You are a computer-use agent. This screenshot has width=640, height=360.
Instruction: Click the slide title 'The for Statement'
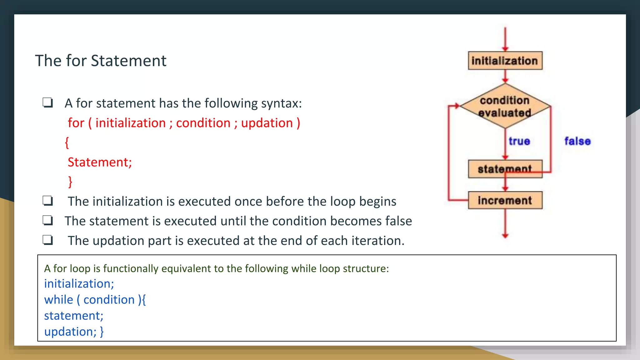click(101, 61)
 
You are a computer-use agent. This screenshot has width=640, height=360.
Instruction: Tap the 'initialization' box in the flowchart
click(505, 61)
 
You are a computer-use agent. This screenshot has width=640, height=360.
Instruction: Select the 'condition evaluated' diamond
click(505, 106)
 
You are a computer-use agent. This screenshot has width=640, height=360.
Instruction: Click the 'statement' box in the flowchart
click(505, 169)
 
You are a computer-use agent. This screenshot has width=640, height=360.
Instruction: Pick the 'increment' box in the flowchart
click(505, 200)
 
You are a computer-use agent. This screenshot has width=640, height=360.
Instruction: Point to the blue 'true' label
click(519, 141)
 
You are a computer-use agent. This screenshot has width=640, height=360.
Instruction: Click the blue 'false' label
click(577, 141)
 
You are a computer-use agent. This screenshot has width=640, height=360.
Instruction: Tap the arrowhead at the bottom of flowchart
click(505, 236)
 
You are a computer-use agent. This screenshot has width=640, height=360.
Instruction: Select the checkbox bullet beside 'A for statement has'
click(48, 102)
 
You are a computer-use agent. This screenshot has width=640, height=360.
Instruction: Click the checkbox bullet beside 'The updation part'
click(48, 240)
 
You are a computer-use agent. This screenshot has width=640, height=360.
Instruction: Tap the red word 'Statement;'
click(100, 162)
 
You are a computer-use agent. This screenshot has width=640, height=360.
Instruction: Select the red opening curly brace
click(67, 142)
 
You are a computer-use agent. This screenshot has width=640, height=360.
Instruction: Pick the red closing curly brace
click(70, 182)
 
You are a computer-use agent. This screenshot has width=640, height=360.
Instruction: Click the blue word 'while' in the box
click(58, 300)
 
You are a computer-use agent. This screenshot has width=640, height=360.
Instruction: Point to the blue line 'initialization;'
click(79, 284)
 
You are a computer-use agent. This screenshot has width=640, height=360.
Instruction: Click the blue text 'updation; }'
click(74, 332)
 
